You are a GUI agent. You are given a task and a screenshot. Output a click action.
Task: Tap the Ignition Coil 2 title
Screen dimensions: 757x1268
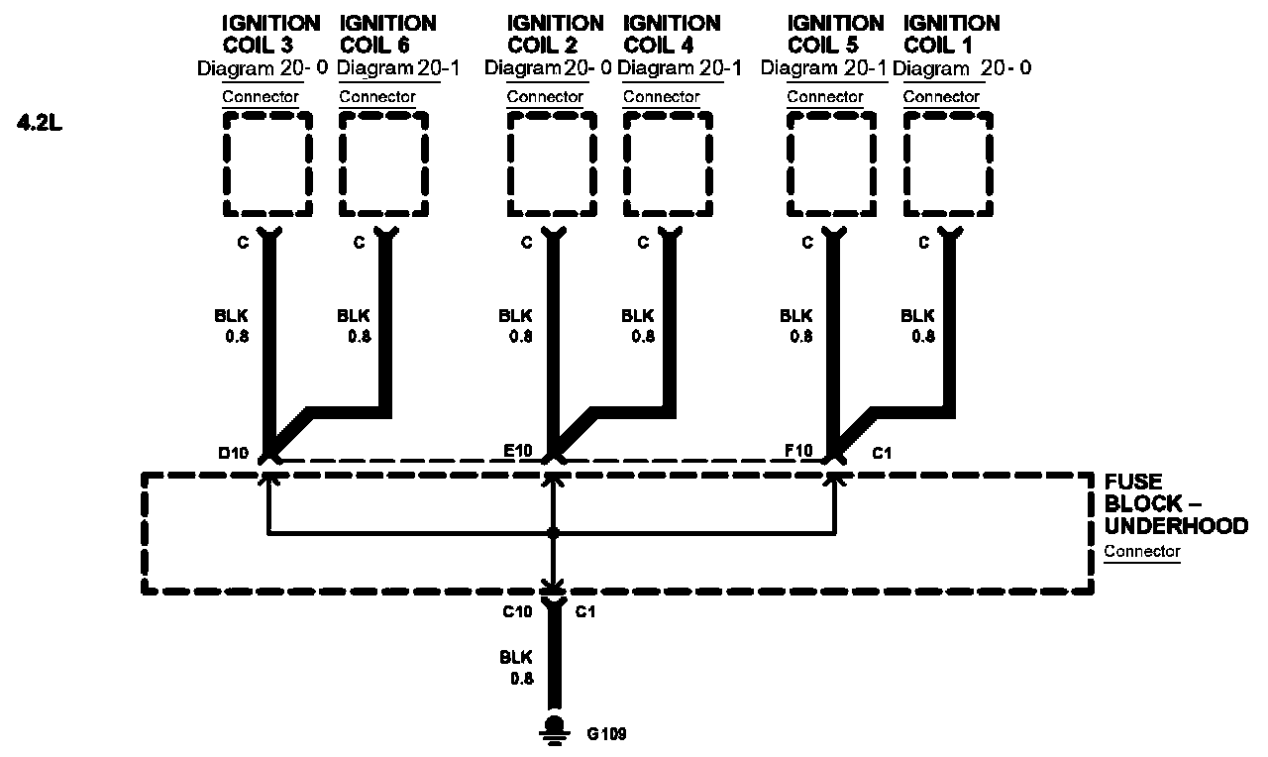click(x=555, y=34)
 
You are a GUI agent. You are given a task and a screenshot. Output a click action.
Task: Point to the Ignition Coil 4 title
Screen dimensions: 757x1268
click(x=673, y=34)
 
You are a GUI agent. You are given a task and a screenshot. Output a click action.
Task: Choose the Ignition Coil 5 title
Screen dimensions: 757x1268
click(x=835, y=34)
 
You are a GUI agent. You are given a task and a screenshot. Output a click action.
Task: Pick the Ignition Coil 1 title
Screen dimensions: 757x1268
click(x=952, y=34)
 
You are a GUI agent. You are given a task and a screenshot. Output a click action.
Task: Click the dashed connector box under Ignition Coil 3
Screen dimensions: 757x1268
click(x=267, y=163)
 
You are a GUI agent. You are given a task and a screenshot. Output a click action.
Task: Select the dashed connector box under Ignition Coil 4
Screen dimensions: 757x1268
click(x=668, y=163)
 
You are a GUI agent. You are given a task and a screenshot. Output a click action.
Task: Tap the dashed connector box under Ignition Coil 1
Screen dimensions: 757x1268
click(x=948, y=163)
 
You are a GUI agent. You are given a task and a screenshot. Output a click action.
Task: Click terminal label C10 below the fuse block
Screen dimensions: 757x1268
click(x=517, y=611)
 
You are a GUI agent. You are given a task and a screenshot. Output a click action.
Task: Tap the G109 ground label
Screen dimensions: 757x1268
click(x=606, y=734)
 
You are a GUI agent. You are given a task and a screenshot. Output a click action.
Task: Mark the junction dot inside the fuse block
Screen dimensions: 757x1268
click(x=553, y=534)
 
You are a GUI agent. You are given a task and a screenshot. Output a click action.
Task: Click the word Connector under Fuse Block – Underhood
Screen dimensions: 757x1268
click(x=1142, y=552)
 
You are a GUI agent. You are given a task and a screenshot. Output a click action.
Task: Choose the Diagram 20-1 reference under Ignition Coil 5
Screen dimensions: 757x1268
click(x=823, y=68)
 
